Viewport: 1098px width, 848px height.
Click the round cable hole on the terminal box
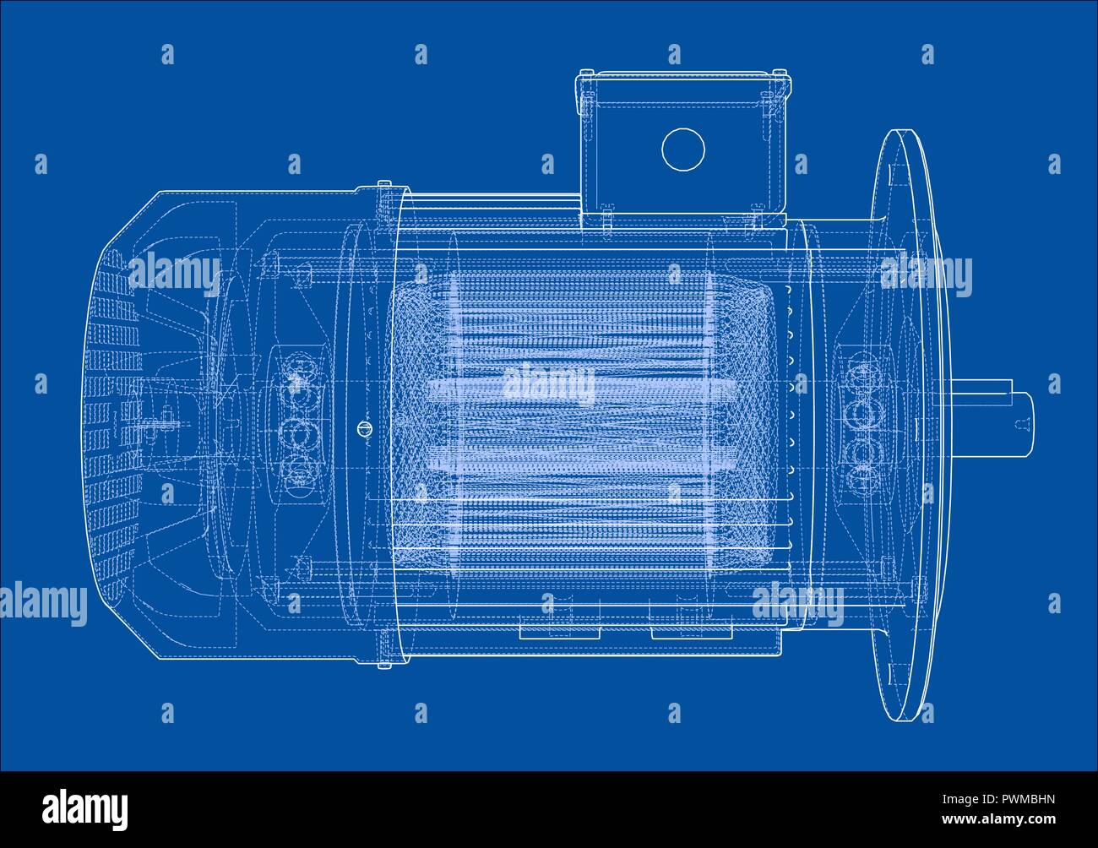[x=682, y=149]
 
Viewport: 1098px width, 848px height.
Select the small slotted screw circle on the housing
[x=365, y=428]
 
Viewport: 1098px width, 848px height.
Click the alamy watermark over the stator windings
[x=549, y=385]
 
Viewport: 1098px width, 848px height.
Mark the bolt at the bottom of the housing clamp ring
[x=384, y=665]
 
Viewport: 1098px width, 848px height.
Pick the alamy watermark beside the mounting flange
[x=926, y=275]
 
